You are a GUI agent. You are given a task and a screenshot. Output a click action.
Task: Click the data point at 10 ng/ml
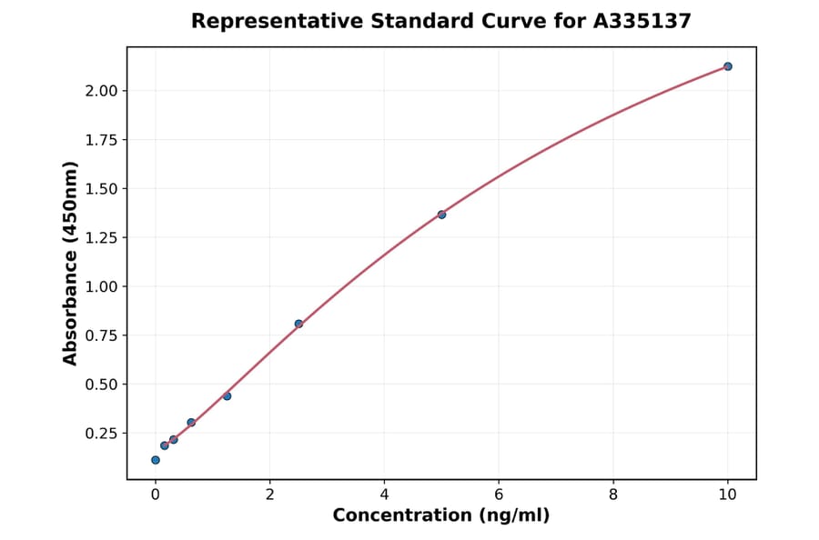(x=728, y=66)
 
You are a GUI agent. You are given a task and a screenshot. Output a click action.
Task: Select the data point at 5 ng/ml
(x=441, y=215)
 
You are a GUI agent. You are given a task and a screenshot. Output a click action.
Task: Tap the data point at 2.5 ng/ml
(x=298, y=324)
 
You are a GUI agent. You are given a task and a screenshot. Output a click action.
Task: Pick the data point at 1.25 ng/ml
(x=227, y=396)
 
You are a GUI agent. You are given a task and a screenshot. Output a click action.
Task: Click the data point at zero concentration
(x=156, y=460)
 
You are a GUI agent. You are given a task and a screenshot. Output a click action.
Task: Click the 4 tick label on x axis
(x=384, y=495)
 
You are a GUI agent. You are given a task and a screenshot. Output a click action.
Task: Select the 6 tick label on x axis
(x=499, y=495)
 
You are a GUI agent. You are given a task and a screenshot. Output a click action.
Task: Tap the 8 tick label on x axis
(x=613, y=495)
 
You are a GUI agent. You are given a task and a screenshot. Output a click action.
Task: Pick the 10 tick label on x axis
(x=728, y=495)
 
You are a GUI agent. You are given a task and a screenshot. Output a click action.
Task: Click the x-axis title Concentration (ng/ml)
(x=441, y=516)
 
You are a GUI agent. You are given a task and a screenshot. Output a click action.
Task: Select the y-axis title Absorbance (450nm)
(x=71, y=263)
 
